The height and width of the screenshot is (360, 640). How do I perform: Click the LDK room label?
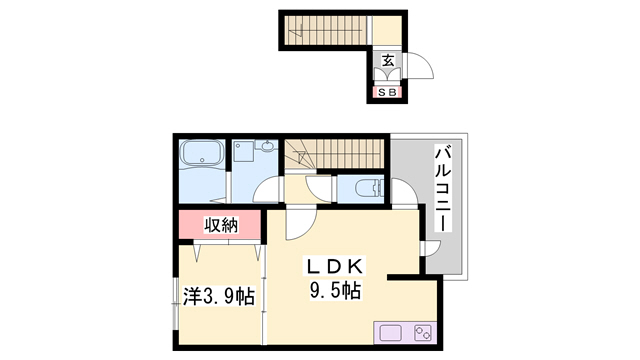pyautogui.click(x=334, y=267)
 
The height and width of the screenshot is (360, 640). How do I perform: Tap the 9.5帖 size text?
pyautogui.click(x=335, y=291)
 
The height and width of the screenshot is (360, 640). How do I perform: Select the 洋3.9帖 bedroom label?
pyautogui.click(x=219, y=296)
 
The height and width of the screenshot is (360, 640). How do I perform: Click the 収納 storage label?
pyautogui.click(x=221, y=225)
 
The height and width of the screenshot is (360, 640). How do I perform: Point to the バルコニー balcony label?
pyautogui.click(x=443, y=188)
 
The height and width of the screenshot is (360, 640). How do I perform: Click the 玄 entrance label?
pyautogui.click(x=388, y=60)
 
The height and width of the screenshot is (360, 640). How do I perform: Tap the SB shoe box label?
pyautogui.click(x=387, y=93)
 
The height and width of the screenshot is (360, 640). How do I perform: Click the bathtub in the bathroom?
pyautogui.click(x=202, y=153)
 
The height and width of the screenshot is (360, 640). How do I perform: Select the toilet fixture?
pyautogui.click(x=369, y=189)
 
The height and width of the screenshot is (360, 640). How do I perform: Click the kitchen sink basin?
pyautogui.click(x=391, y=333)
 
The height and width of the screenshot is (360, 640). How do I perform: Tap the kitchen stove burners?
pyautogui.click(x=423, y=333)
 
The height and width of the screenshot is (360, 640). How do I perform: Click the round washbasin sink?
pyautogui.click(x=267, y=146)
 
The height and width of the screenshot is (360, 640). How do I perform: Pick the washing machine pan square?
pyautogui.click(x=243, y=151)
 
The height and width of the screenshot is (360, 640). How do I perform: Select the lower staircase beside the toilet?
pyautogui.click(x=335, y=154)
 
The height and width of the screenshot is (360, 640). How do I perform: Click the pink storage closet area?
pyautogui.click(x=220, y=224)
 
